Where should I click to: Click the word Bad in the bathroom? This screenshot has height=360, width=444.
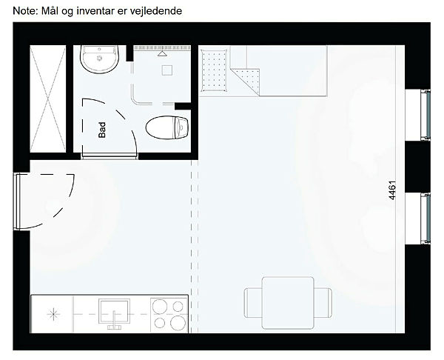[x=102, y=130]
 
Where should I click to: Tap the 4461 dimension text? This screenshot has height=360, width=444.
[x=392, y=190]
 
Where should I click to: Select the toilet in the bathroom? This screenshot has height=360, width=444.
[x=167, y=127]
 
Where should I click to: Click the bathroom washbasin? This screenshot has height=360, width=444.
[x=99, y=59]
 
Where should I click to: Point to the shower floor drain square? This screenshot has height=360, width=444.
[x=167, y=70]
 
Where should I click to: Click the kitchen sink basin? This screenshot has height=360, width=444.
[x=115, y=311]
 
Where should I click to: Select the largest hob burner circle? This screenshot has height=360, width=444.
[x=178, y=323]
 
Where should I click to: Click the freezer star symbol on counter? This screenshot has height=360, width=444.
[x=53, y=314]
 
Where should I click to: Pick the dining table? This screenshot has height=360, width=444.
[x=288, y=303]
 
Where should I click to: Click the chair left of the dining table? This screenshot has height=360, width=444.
[x=253, y=303]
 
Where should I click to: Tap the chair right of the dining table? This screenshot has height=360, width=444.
[x=323, y=303]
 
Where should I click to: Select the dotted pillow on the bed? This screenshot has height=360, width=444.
[x=214, y=70]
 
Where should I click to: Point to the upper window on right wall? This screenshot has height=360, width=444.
[x=425, y=115]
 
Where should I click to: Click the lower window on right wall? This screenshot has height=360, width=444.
[x=425, y=219]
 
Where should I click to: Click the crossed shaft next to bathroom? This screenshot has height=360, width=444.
[x=48, y=99]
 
